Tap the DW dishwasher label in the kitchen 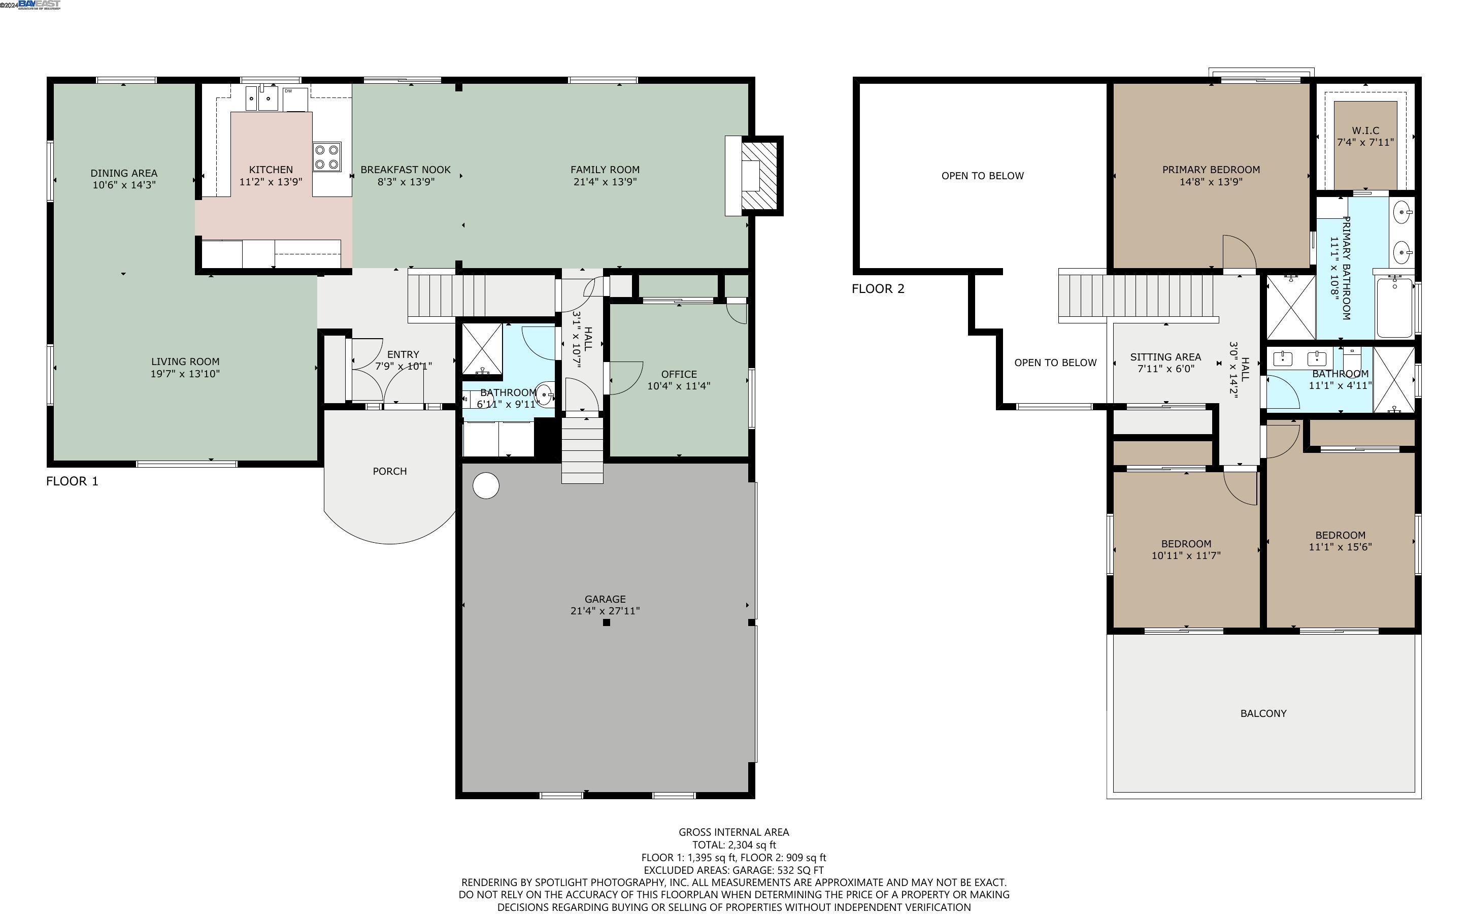click(289, 91)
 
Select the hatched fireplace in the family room click(759, 176)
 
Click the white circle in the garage click(485, 486)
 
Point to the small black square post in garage click(606, 622)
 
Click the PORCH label click(389, 471)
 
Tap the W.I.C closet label click(1365, 130)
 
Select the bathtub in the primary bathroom click(1394, 307)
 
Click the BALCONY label click(1263, 713)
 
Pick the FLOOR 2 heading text click(878, 289)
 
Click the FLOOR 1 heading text click(72, 481)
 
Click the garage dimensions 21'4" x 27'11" click(605, 611)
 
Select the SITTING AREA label click(1165, 357)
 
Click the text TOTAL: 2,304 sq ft click(733, 844)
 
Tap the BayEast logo click(39, 5)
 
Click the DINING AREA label click(124, 173)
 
